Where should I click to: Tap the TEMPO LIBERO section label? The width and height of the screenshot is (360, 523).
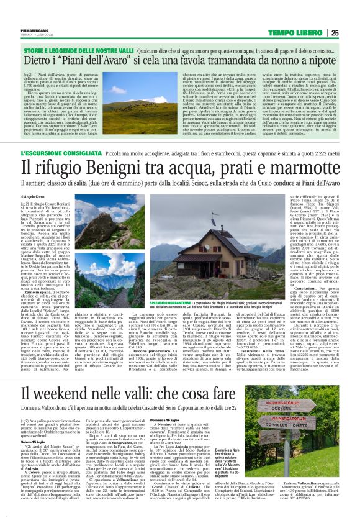click(314, 33)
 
